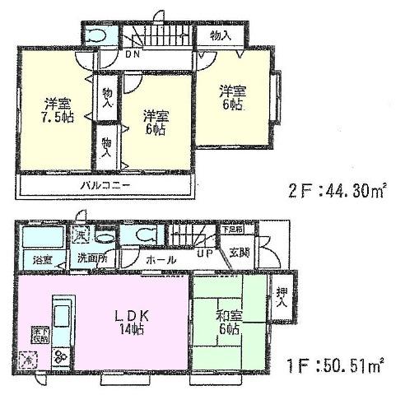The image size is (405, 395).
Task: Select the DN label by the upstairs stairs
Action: (x=133, y=56)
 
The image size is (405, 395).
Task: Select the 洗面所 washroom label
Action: (x=92, y=259)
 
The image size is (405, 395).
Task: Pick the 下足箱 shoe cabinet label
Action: (x=233, y=230)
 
